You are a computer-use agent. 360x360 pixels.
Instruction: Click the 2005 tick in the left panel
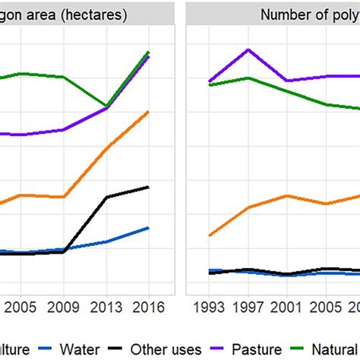click(18, 309)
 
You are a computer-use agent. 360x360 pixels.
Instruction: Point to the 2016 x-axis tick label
click(148, 309)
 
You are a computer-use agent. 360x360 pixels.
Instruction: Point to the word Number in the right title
click(283, 14)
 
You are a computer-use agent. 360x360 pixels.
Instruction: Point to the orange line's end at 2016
click(149, 112)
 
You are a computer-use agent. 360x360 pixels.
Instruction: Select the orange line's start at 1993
click(210, 235)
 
